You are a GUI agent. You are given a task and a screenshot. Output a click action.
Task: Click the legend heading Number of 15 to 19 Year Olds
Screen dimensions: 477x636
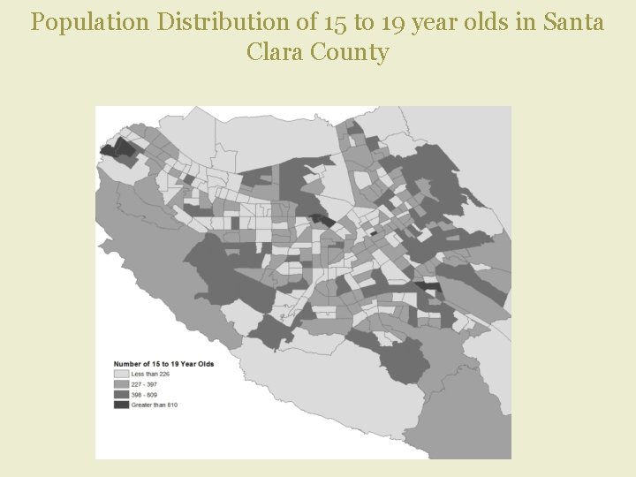point(163,364)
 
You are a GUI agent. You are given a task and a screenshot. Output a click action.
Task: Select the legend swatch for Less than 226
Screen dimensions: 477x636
point(121,375)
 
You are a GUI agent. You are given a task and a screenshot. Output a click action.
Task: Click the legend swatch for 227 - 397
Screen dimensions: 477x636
point(121,384)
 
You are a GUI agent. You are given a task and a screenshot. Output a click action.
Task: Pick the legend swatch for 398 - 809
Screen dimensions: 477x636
point(121,395)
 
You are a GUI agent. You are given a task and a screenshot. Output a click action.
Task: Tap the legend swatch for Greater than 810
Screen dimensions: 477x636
point(121,405)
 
